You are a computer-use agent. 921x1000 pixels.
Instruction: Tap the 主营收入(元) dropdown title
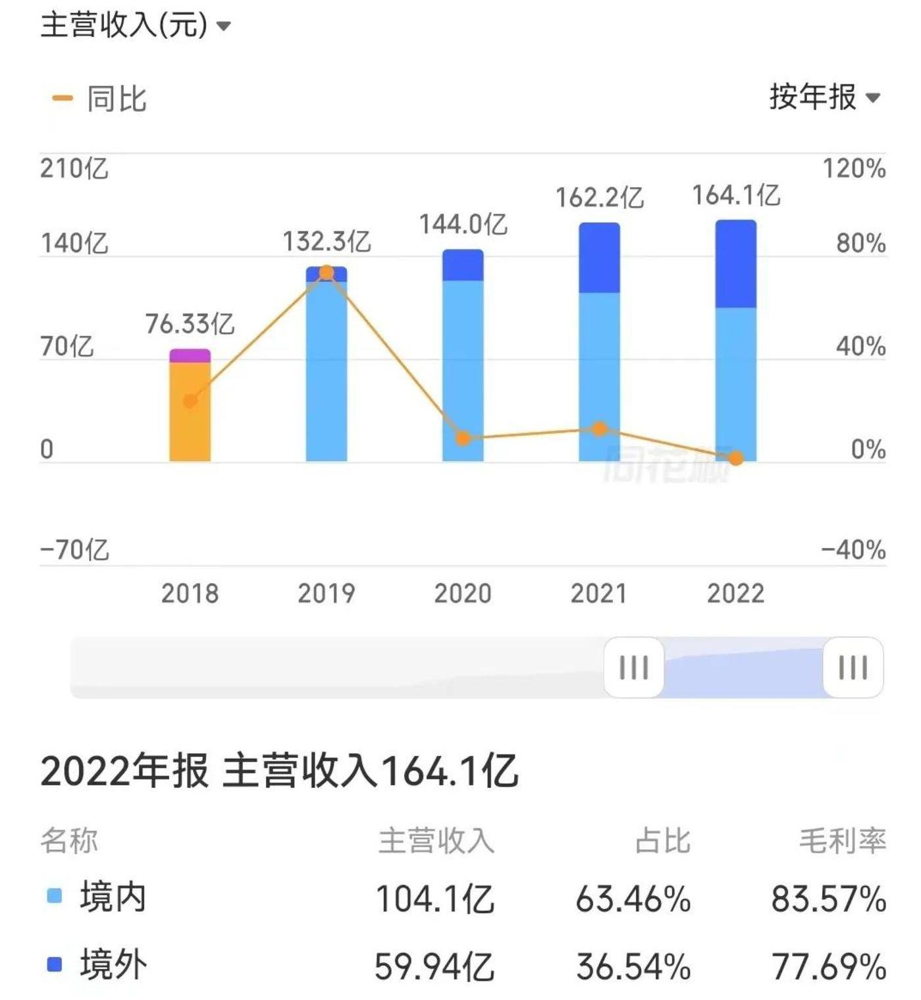tap(135, 26)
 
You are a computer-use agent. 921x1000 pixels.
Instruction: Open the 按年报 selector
tap(824, 97)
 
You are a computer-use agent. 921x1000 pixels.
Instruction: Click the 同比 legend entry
tap(116, 99)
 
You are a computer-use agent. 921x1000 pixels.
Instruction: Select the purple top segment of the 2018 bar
tap(190, 356)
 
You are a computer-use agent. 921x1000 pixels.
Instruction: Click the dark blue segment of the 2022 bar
tap(735, 264)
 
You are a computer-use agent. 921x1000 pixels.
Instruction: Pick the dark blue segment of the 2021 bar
tap(599, 258)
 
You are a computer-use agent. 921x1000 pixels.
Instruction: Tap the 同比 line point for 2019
tap(327, 272)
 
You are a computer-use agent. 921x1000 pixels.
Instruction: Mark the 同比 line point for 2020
tap(463, 438)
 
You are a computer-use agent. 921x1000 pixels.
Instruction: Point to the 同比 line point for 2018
tap(190, 401)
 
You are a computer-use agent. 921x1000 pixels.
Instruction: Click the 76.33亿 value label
tap(190, 323)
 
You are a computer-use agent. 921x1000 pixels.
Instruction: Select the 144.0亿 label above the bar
tap(463, 225)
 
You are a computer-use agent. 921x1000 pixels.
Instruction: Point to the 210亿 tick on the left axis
tap(74, 169)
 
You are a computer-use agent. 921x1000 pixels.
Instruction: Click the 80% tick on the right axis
tap(860, 244)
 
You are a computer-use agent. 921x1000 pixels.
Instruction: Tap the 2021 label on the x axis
tap(598, 594)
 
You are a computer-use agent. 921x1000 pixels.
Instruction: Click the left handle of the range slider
tap(633, 667)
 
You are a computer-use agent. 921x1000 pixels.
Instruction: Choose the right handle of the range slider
tap(853, 667)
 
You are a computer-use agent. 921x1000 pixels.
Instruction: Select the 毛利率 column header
tap(843, 841)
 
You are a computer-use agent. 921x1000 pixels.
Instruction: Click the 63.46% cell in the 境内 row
tap(633, 899)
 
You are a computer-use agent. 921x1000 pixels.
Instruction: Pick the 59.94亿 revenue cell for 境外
tap(434, 966)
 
